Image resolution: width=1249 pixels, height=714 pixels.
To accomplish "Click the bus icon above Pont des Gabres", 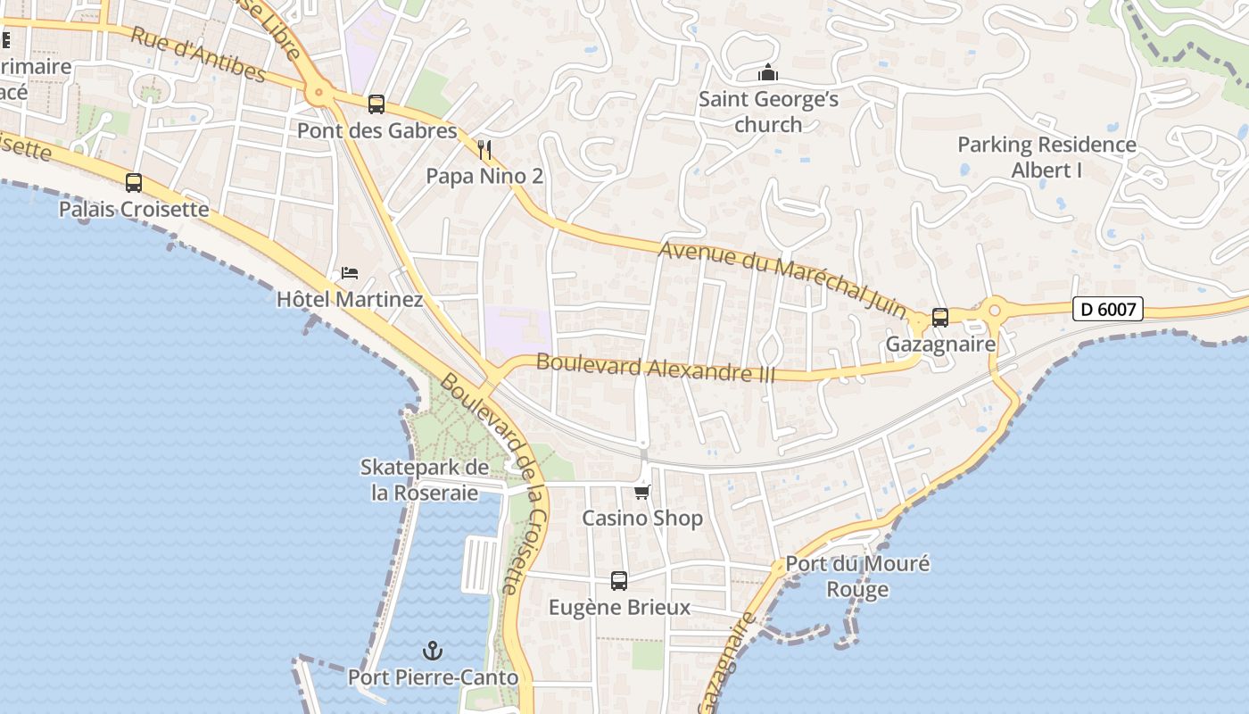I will (x=376, y=104).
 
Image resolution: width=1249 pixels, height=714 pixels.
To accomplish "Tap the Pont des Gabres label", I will (x=376, y=131).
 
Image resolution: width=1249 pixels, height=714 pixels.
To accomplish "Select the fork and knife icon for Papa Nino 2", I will (x=484, y=149).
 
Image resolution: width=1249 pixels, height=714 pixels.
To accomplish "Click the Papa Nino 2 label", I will (x=484, y=176).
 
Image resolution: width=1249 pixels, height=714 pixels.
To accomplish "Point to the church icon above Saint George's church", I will (x=768, y=73).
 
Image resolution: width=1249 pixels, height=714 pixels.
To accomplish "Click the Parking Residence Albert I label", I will (x=1046, y=157).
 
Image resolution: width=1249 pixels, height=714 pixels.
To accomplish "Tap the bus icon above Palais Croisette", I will (x=134, y=183).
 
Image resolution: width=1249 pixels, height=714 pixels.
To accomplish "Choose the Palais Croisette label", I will (x=134, y=210).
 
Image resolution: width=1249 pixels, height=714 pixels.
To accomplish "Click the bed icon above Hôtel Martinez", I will (x=350, y=272).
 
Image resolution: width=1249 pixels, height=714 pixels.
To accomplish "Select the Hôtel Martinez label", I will (x=350, y=299).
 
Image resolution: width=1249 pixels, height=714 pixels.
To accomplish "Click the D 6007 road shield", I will (x=1107, y=310).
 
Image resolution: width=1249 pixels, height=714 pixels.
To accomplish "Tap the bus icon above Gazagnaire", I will (x=940, y=318).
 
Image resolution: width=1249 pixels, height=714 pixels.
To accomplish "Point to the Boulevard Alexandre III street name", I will (x=656, y=369).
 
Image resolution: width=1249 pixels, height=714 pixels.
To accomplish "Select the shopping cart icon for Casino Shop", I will (x=642, y=492).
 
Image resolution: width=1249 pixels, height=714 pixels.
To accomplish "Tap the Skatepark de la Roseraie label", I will (x=425, y=480).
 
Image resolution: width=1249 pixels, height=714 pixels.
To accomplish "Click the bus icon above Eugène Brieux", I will (x=619, y=581).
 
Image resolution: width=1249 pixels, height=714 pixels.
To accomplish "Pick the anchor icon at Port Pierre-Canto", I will (x=433, y=651).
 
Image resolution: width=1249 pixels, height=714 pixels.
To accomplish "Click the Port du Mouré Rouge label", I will (x=857, y=577).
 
